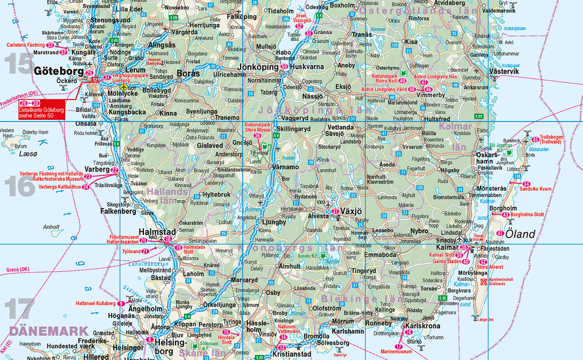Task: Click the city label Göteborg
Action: [x=59, y=72]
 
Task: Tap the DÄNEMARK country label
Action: [x=49, y=331]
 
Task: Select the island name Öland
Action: [x=520, y=234]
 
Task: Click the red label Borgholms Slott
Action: [x=529, y=215]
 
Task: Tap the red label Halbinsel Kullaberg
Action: [x=96, y=303]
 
